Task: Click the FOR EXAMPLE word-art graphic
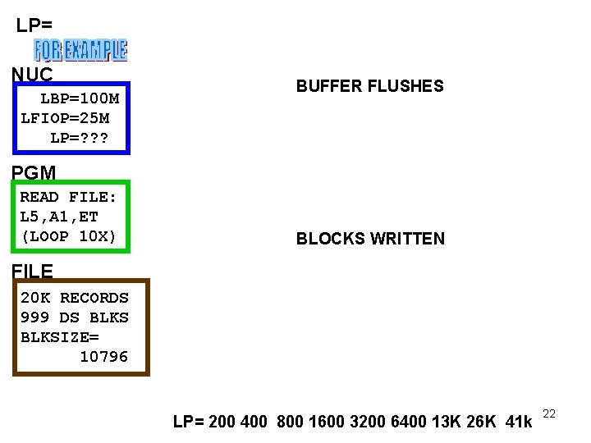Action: (80, 50)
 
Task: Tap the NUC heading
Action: (32, 75)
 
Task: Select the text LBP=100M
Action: (80, 98)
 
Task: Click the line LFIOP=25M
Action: (65, 118)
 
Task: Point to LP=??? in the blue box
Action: (79, 138)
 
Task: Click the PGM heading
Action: (34, 173)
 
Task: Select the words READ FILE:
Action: (68, 197)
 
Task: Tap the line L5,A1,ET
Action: (58, 217)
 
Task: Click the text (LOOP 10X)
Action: (68, 237)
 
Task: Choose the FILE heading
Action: (33, 271)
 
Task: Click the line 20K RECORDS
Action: (74, 297)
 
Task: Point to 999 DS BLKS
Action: (74, 317)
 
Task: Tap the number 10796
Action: (103, 356)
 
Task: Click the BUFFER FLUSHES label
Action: (369, 86)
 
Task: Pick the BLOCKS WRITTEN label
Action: (370, 239)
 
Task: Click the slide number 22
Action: (549, 415)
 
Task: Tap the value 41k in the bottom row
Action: (517, 422)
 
